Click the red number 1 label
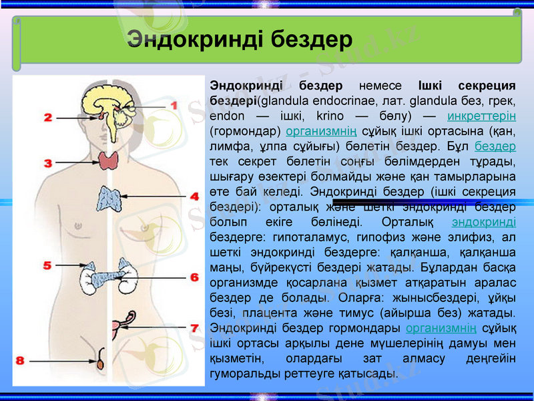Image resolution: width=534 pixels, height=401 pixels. [174, 105]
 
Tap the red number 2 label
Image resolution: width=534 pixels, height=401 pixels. [49, 118]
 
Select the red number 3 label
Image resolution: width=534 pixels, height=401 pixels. [49, 162]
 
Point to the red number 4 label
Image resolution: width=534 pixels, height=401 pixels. [194, 196]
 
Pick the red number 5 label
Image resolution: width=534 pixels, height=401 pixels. [47, 265]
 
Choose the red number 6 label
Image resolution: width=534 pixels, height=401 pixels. [194, 277]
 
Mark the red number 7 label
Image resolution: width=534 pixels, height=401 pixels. [194, 328]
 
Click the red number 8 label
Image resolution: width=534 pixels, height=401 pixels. [21, 360]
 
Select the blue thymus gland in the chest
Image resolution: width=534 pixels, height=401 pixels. [107, 196]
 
